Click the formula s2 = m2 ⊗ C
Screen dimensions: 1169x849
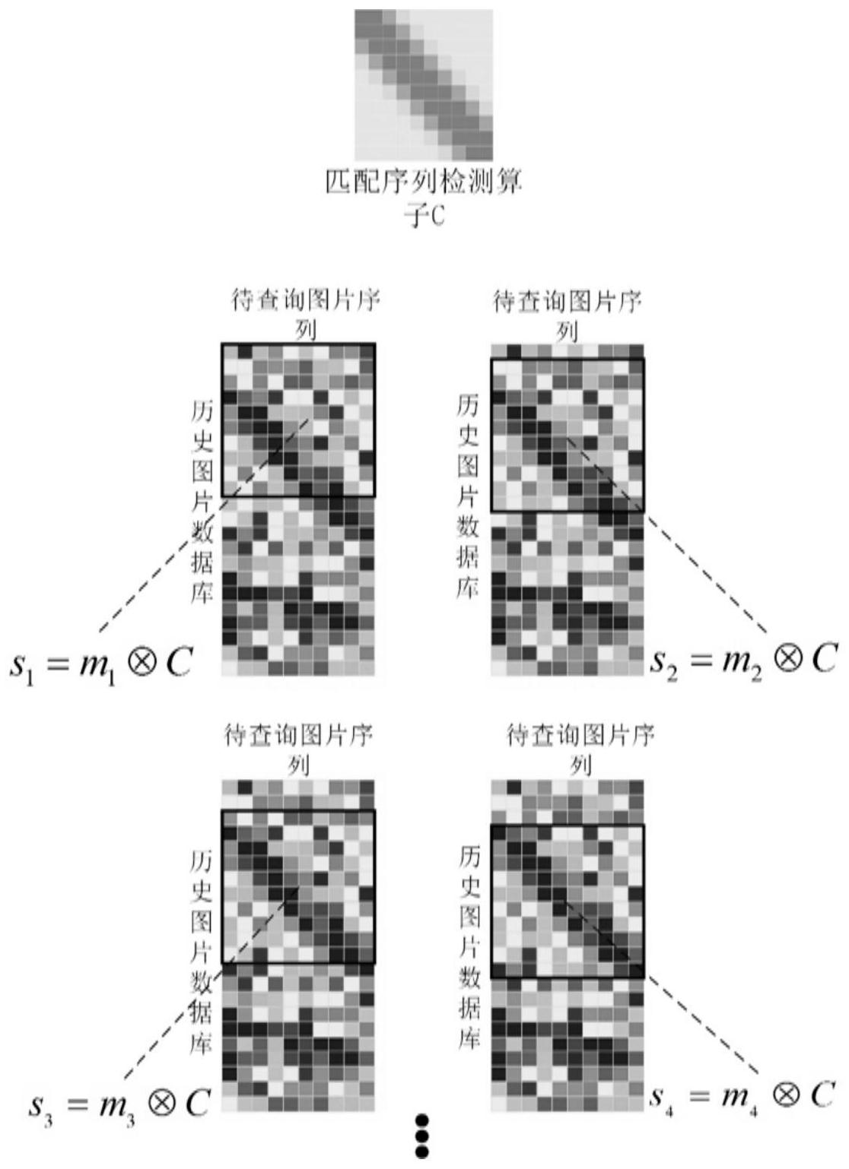pos(742,659)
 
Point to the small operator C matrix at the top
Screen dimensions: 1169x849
pos(424,84)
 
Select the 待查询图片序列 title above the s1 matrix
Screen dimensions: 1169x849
pos(304,313)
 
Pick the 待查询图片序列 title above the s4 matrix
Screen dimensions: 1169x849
pos(581,747)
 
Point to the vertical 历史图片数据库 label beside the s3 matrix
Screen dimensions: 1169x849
pos(201,951)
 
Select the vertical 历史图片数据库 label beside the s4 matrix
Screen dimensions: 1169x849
pos(469,946)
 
